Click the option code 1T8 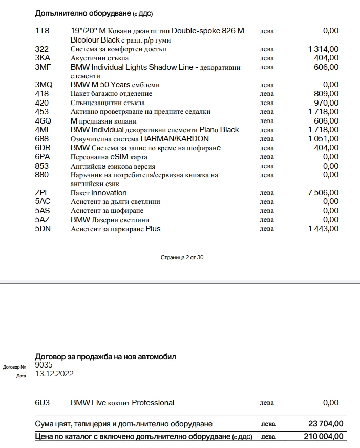pos(42,31)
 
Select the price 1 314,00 pos(323,49)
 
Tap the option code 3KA pos(43,58)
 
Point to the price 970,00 pos(326,103)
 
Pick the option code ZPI pos(41,193)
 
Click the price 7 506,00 pos(323,193)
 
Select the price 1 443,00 pos(323,229)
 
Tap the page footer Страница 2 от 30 pos(182,257)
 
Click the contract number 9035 pos(44,365)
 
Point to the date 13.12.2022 pos(54,374)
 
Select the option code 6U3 pos(43,403)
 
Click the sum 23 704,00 pos(325,424)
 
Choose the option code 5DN pos(43,229)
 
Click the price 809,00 pos(326,94)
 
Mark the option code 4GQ pos(43,121)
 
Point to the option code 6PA pos(43,157)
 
